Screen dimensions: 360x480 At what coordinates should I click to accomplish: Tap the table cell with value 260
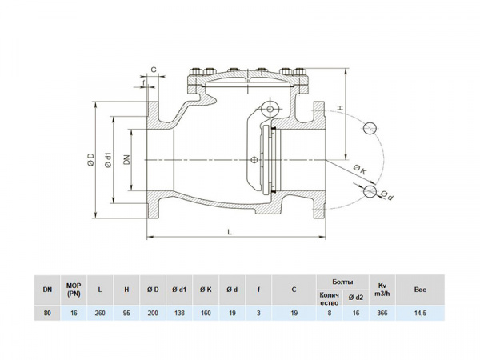(99, 314)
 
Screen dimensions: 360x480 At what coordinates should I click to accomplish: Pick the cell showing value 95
(126, 314)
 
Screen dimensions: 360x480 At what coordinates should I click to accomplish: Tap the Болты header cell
(342, 282)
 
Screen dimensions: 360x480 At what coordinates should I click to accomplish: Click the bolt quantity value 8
(330, 314)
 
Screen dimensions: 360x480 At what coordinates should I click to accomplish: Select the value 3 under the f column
(258, 314)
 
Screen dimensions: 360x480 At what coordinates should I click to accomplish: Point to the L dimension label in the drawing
(230, 231)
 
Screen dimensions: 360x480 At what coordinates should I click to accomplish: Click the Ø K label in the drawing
(359, 169)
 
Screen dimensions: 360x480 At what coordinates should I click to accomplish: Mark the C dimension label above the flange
(153, 70)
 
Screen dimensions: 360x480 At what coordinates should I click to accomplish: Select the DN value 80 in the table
(48, 314)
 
